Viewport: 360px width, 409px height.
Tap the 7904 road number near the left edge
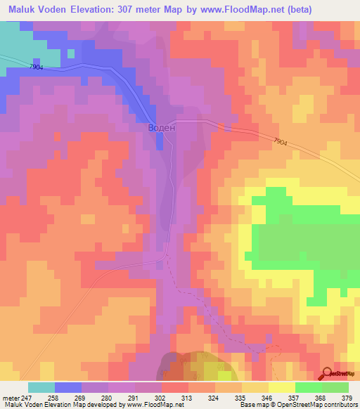(x=37, y=67)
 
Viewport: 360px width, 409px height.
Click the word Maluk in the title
(x=22, y=9)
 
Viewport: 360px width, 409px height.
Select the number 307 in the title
(x=141, y=9)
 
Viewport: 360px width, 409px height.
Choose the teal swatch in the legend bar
(x=41, y=387)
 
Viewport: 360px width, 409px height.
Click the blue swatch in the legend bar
(x=68, y=387)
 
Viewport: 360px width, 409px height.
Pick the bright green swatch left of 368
(x=308, y=387)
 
